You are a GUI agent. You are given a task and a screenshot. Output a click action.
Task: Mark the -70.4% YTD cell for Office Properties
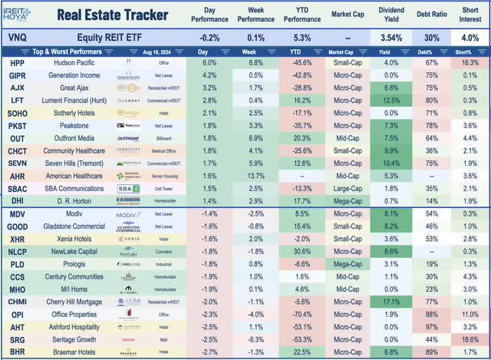click(294, 315)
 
